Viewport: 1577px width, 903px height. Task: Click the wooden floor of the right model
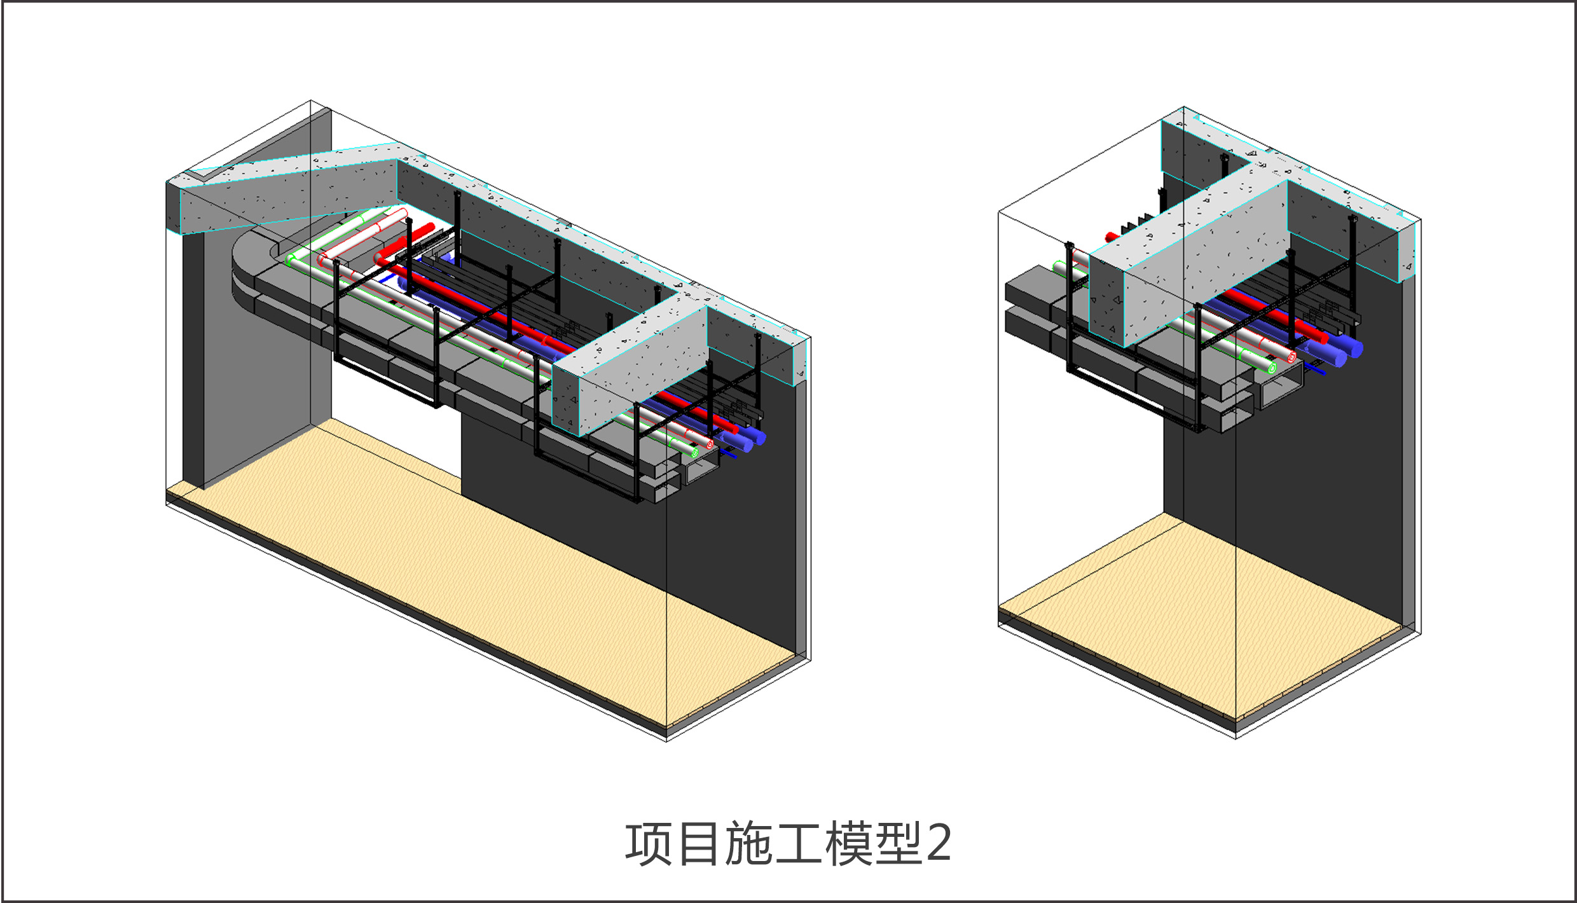[x=1208, y=610]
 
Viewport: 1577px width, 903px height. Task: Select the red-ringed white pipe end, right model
[x=1291, y=357]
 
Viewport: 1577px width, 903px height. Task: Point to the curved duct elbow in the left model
[x=254, y=267]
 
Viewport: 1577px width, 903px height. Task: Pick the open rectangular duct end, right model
[x=1281, y=389]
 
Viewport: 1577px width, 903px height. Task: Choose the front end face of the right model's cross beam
[x=1106, y=299]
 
